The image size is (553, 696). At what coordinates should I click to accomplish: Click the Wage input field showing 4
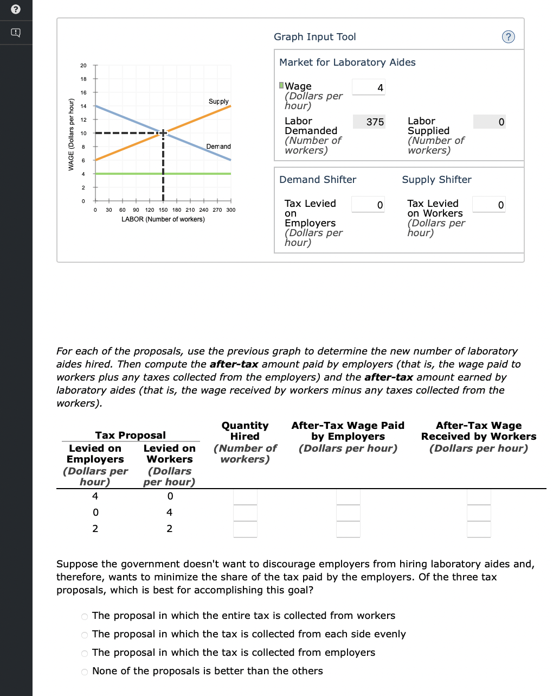point(369,87)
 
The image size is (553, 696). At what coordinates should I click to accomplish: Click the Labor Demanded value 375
point(369,122)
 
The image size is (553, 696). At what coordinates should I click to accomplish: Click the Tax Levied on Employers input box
point(368,205)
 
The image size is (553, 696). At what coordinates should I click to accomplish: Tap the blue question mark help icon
point(508,37)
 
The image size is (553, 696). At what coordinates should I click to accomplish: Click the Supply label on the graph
point(218,102)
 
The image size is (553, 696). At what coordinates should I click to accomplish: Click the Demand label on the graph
point(218,147)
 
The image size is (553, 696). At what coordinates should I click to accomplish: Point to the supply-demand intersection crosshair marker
point(163,132)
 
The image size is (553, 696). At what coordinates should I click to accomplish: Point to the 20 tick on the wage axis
point(83,66)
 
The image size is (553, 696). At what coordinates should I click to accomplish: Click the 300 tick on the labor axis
point(231,210)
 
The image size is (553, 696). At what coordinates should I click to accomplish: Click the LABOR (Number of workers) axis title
point(163,219)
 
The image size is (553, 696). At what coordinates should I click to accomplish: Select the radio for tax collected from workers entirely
point(85,616)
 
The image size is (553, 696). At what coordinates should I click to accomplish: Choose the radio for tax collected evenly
point(85,635)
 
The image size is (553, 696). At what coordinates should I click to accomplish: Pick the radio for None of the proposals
point(85,672)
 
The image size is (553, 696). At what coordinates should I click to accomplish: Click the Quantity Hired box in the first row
point(245,497)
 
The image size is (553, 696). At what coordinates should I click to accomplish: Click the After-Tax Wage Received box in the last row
point(479,529)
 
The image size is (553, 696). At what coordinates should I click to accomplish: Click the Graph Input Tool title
point(315,37)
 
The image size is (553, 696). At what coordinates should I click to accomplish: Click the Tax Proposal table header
point(130,435)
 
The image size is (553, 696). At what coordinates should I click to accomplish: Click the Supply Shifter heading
point(436,180)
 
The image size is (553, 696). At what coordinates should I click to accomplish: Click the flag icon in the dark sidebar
point(16,33)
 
